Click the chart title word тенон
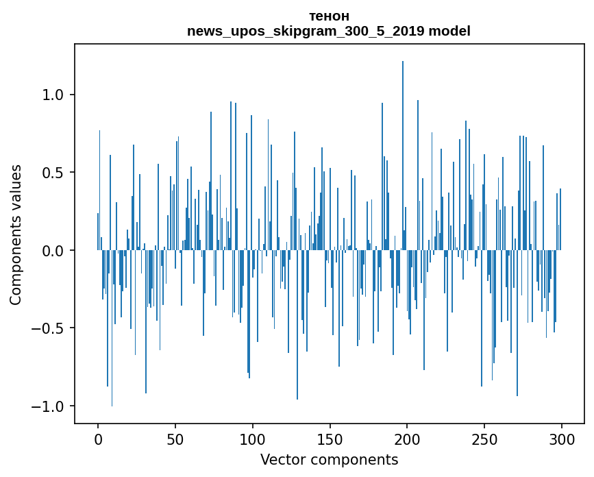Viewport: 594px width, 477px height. click(x=329, y=16)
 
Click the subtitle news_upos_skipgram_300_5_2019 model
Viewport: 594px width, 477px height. click(x=329, y=31)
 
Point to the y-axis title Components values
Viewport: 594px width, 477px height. click(x=16, y=234)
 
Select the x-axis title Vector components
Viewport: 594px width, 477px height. click(x=329, y=460)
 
